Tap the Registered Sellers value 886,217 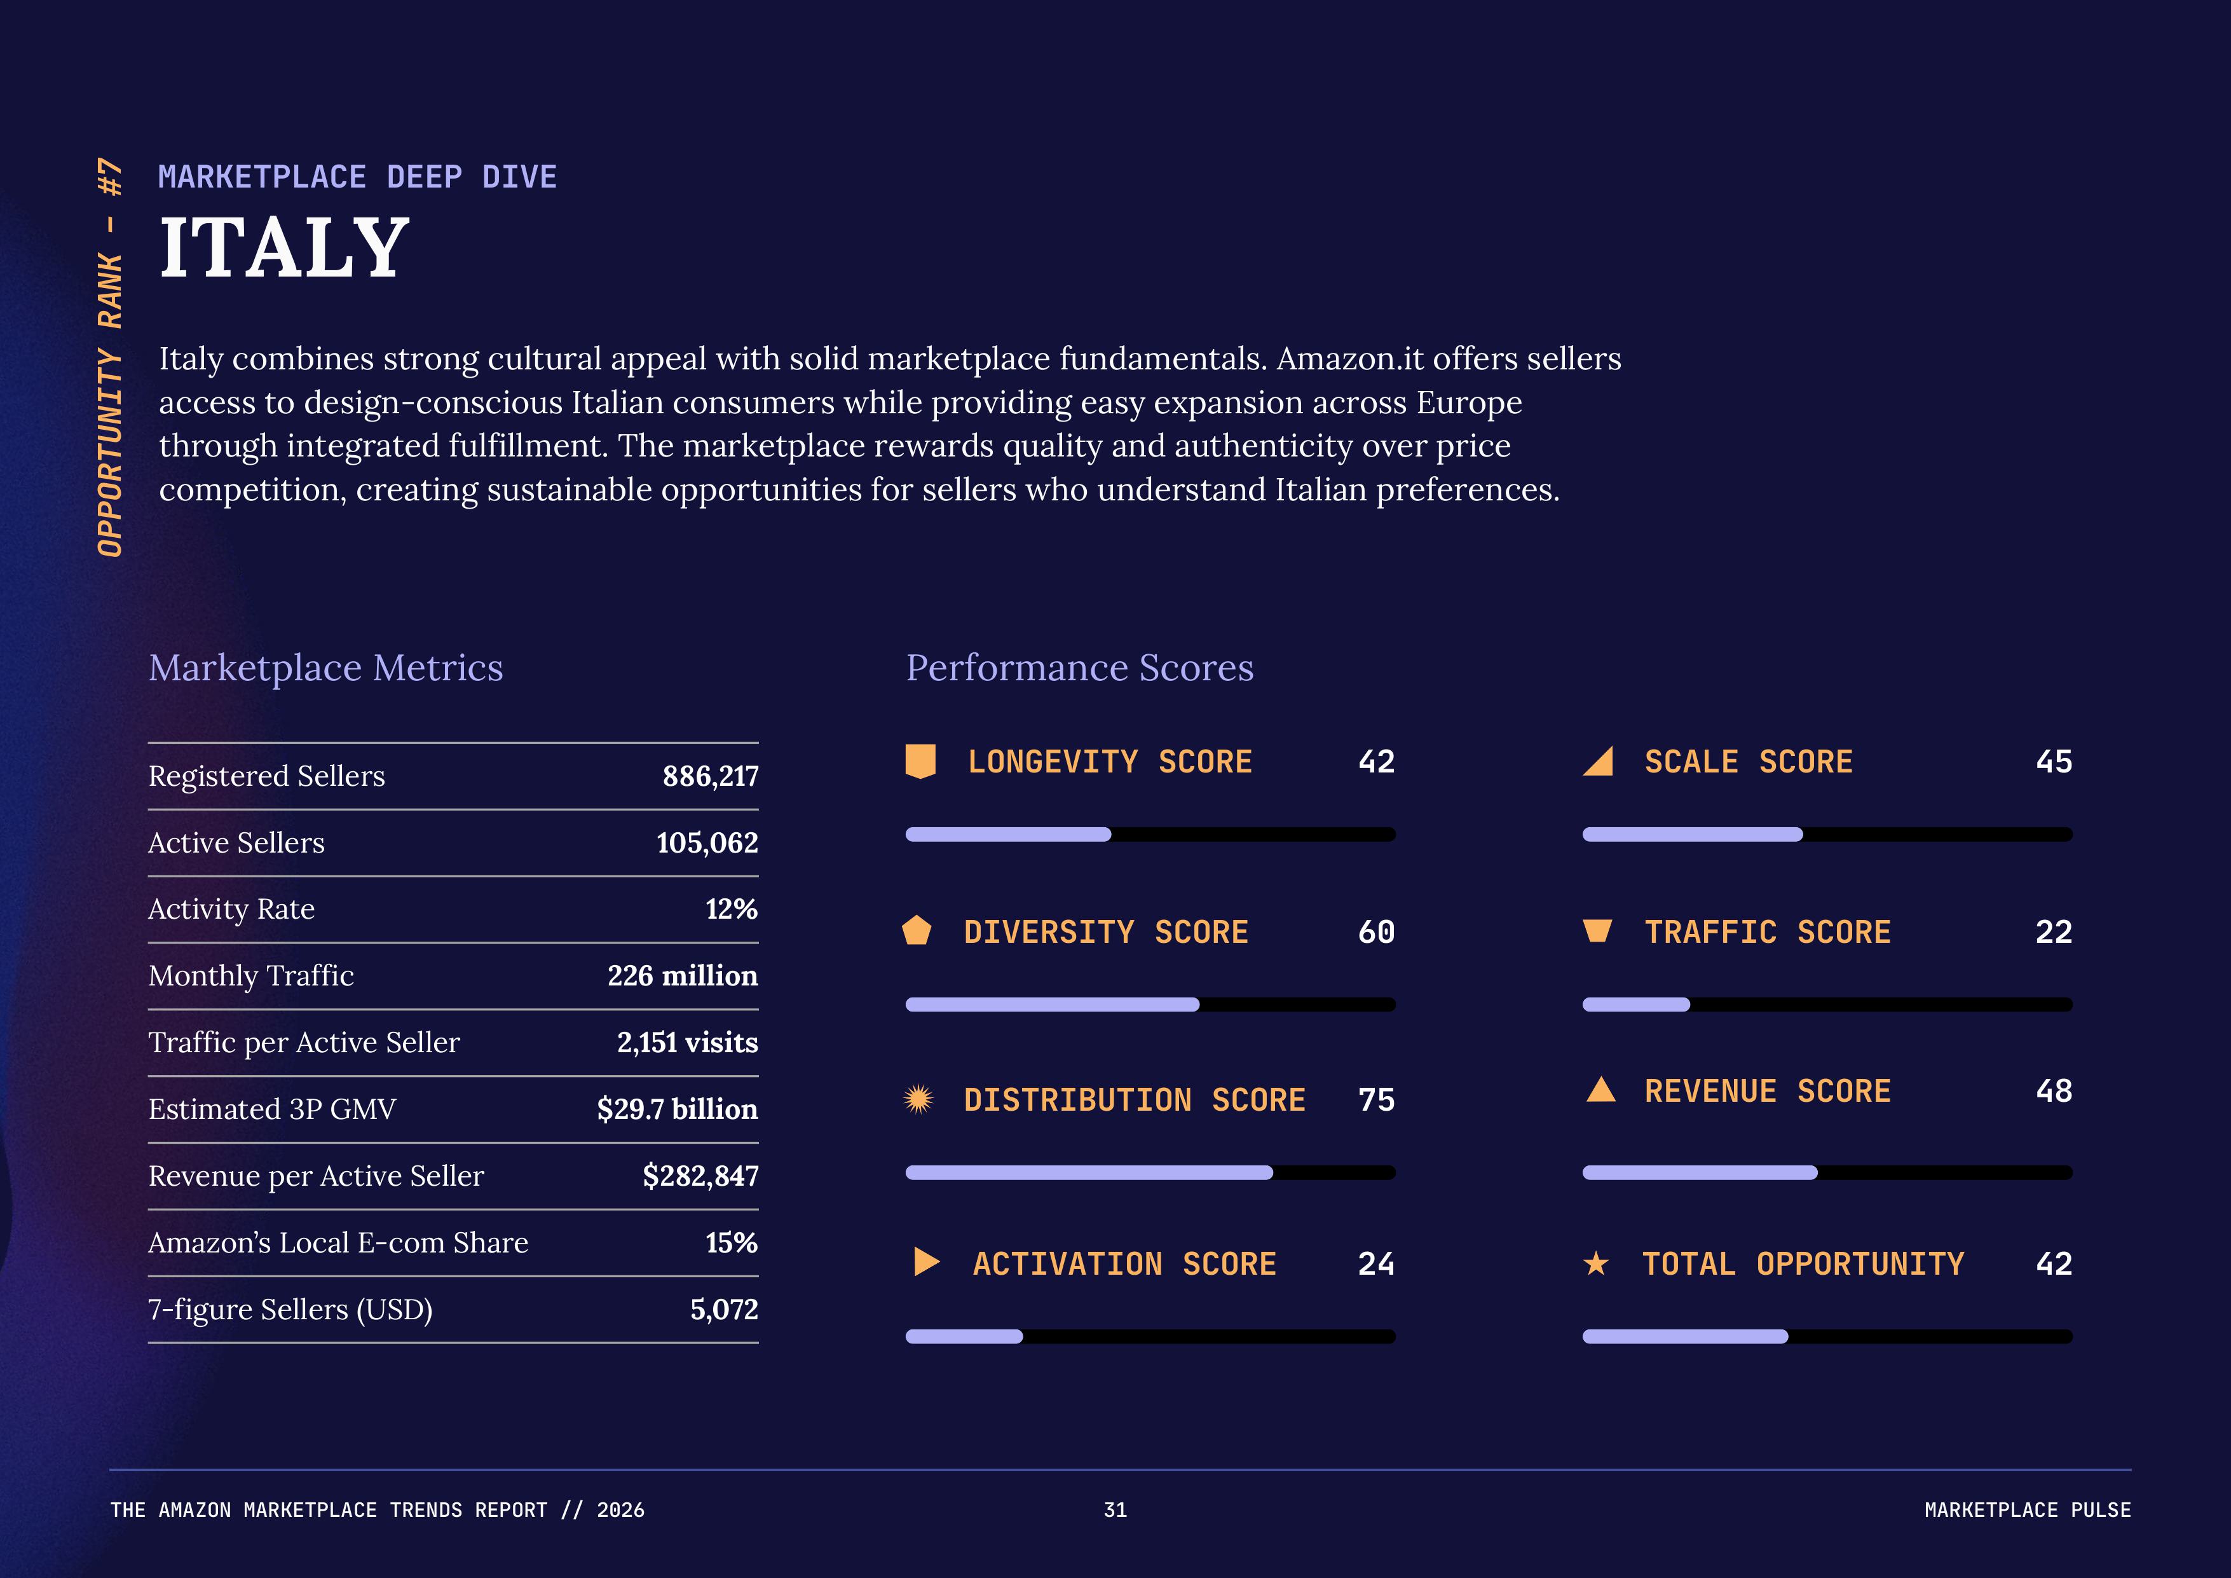pos(711,776)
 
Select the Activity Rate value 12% pos(731,910)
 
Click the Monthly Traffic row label pos(250,975)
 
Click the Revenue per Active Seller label pos(316,1177)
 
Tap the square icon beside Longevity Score pos(920,762)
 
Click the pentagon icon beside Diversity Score pos(917,931)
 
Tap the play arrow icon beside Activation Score pos(926,1262)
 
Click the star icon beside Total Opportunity pos(1595,1263)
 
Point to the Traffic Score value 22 pos(2053,932)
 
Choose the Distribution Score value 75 pos(1376,1100)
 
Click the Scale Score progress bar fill pos(1692,835)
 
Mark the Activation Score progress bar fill pos(964,1337)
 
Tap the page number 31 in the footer pos(1114,1510)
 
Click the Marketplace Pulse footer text pos(2027,1510)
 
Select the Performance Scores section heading pos(1079,668)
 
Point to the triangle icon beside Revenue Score pos(1600,1090)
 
